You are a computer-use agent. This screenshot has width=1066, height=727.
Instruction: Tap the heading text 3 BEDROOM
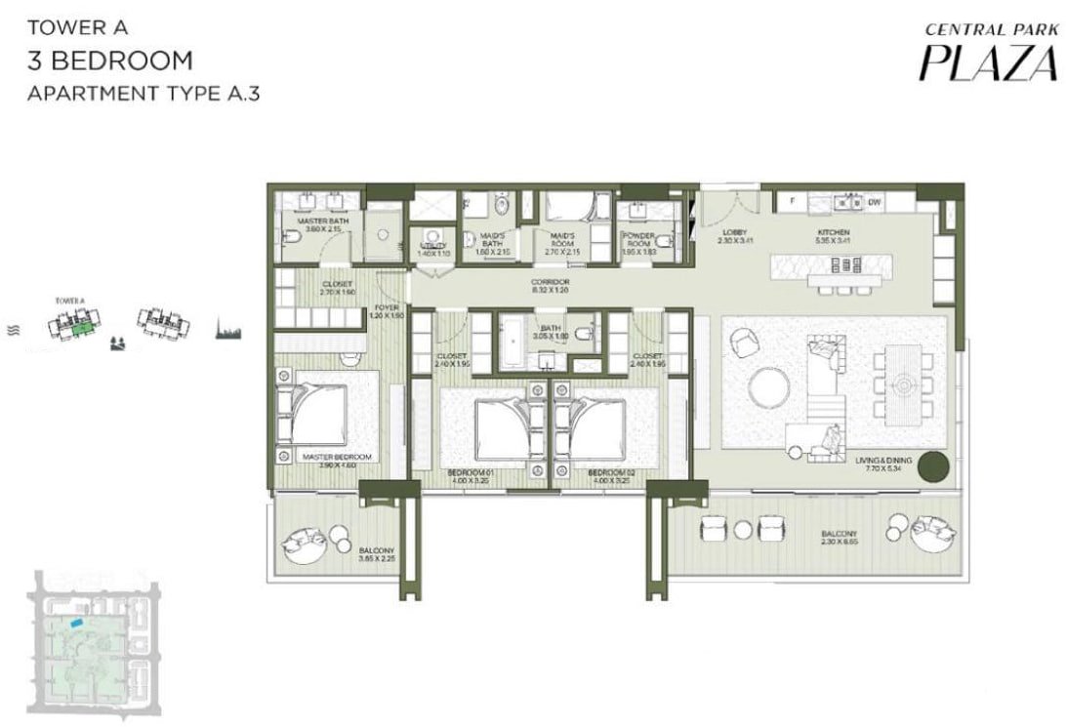(x=109, y=61)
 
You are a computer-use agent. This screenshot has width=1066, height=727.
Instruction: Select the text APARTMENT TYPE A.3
(x=143, y=95)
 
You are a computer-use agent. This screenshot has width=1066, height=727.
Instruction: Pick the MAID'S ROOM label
(x=563, y=240)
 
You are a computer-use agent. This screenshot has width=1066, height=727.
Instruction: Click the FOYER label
(x=386, y=311)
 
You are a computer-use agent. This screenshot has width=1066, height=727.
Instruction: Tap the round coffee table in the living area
(x=770, y=386)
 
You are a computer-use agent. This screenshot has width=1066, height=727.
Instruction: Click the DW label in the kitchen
(x=875, y=202)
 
